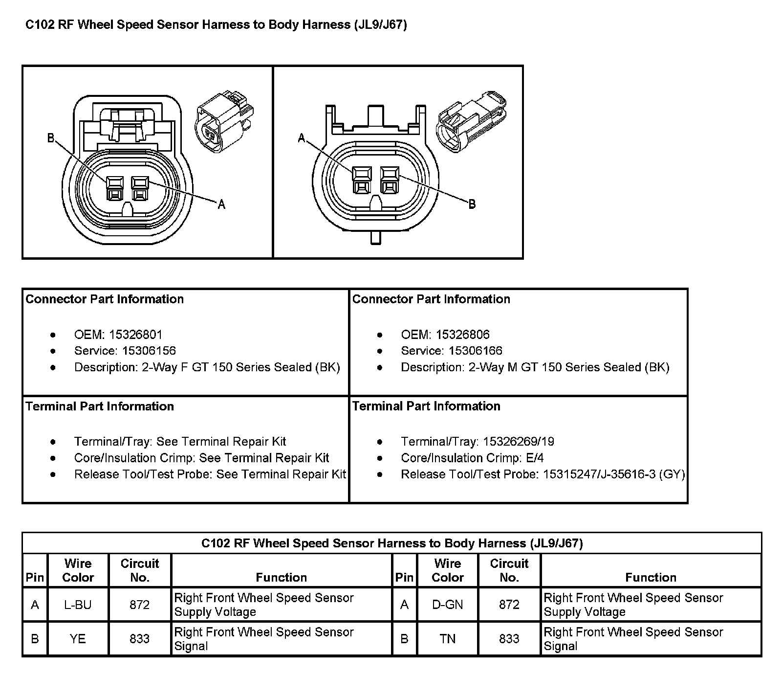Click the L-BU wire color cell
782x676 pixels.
point(78,605)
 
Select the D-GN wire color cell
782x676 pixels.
point(447,605)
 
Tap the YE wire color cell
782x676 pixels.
point(78,638)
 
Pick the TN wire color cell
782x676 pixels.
point(447,638)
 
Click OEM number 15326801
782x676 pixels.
point(135,335)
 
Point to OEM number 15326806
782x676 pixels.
point(462,335)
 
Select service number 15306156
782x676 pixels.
point(149,351)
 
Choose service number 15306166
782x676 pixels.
point(476,351)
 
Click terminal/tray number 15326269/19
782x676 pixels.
point(519,442)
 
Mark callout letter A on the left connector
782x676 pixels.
point(221,204)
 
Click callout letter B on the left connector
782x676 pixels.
point(51,138)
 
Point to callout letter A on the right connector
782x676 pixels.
point(302,138)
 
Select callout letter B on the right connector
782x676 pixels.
point(472,204)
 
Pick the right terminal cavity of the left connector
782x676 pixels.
point(140,188)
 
